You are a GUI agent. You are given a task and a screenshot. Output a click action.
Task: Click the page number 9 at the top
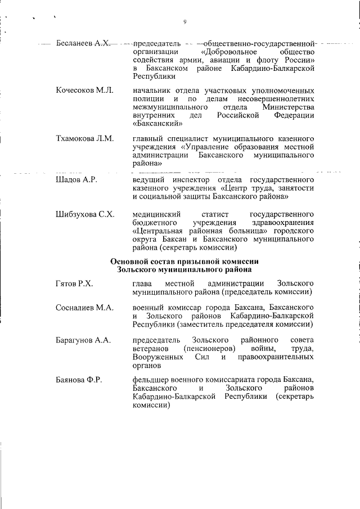184,22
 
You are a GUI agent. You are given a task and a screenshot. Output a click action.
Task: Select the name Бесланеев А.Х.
83,43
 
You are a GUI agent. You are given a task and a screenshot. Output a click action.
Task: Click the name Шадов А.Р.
77,179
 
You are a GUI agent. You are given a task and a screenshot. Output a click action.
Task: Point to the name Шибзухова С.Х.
85,214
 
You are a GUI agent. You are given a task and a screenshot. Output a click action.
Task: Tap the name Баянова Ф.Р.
79,380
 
